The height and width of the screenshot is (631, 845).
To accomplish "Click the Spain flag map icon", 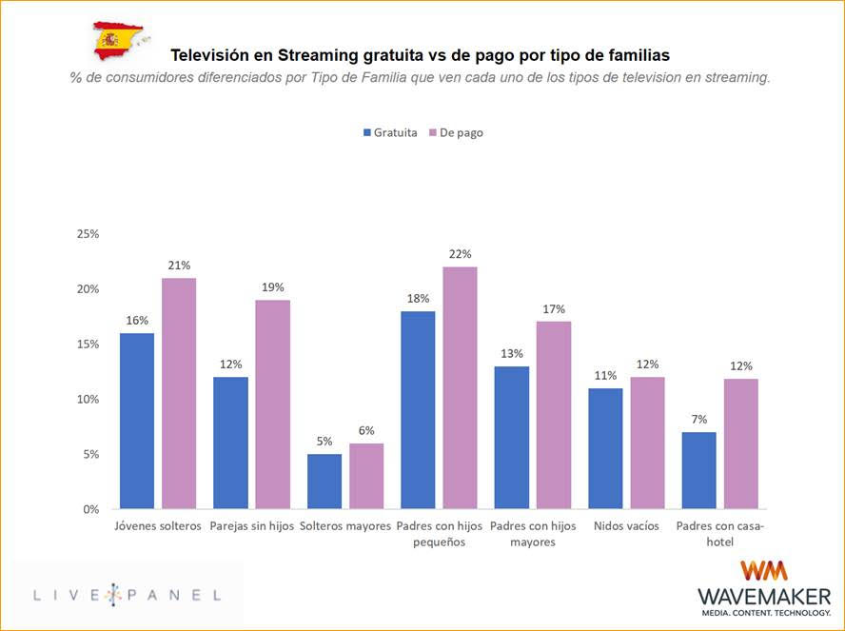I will click(x=118, y=40).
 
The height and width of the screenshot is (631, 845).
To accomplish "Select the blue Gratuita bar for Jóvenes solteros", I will click(x=137, y=421).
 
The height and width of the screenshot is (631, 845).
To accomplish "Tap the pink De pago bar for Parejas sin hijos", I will click(x=272, y=404).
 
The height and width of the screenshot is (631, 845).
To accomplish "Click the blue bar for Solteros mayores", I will click(x=324, y=481).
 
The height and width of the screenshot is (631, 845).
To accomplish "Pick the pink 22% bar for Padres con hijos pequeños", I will click(x=460, y=387).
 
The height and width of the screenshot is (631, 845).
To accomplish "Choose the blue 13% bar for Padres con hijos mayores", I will click(x=511, y=437).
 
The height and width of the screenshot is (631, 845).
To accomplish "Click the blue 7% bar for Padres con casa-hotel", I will click(x=698, y=470).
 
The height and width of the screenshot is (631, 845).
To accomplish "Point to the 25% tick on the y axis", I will click(x=88, y=234).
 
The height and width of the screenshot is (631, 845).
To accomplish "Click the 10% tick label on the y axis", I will click(x=88, y=400).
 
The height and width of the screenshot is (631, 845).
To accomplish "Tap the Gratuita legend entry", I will click(x=389, y=133).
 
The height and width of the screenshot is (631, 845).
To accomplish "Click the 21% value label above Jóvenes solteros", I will click(x=179, y=265).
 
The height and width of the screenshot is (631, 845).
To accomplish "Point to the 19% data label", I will click(x=272, y=286).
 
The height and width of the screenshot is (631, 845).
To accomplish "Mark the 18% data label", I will click(x=418, y=298).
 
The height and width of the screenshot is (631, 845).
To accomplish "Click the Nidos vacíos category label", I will click(x=625, y=526).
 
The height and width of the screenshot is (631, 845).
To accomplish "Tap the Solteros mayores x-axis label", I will click(x=344, y=526).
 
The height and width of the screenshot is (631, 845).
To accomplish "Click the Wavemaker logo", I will click(x=764, y=588).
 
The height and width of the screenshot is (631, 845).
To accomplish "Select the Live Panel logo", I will click(x=127, y=595).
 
